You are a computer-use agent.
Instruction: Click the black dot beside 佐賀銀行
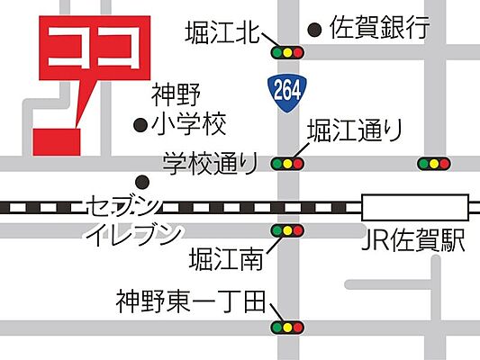click(x=313, y=30)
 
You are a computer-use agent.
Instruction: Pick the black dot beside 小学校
click(x=140, y=124)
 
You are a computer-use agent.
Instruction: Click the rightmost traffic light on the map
click(x=434, y=164)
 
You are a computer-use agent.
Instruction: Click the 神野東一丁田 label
click(x=189, y=300)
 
